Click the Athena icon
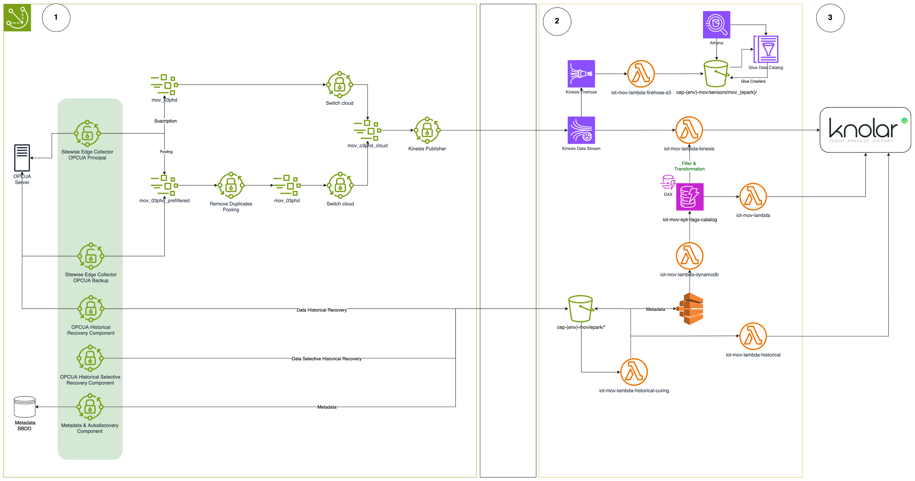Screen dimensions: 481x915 point(716,24)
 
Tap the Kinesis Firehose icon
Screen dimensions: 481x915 point(581,74)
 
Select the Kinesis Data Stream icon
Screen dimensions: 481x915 point(581,130)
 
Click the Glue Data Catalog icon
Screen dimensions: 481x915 point(766,49)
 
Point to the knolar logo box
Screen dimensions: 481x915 point(865,130)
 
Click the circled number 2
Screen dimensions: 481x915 point(557,21)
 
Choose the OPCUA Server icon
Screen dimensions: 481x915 point(22,158)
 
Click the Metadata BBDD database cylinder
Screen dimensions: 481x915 point(24,407)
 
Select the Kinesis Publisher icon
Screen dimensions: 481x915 point(427,130)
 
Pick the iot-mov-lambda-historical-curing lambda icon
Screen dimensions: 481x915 point(634,372)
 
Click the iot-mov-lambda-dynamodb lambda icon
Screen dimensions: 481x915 point(689,256)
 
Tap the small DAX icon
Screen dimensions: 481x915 point(668,182)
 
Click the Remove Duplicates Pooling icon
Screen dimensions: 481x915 point(231,185)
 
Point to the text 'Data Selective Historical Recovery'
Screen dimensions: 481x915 point(326,359)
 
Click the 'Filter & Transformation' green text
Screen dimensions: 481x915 point(689,166)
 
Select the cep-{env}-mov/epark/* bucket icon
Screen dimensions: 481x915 point(581,309)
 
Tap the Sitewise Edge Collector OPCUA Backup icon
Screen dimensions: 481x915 point(91,256)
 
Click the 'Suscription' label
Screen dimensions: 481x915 point(165,121)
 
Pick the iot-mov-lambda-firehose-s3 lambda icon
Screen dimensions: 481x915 point(641,74)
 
